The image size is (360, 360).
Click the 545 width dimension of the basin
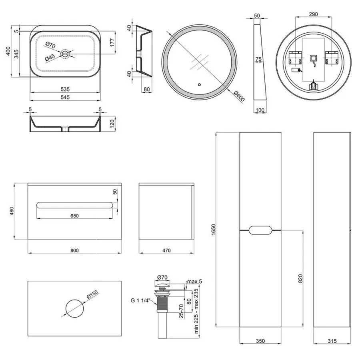[65, 97]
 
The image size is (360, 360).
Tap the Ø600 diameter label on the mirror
[239, 96]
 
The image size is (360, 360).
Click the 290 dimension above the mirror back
[314, 14]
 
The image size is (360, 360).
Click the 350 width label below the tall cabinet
[260, 341]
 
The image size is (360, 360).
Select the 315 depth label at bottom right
[332, 341]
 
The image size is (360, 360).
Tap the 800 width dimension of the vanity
[75, 250]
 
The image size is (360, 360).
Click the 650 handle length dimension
[75, 216]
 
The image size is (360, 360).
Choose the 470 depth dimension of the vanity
[166, 250]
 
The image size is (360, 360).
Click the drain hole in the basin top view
[65, 53]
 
